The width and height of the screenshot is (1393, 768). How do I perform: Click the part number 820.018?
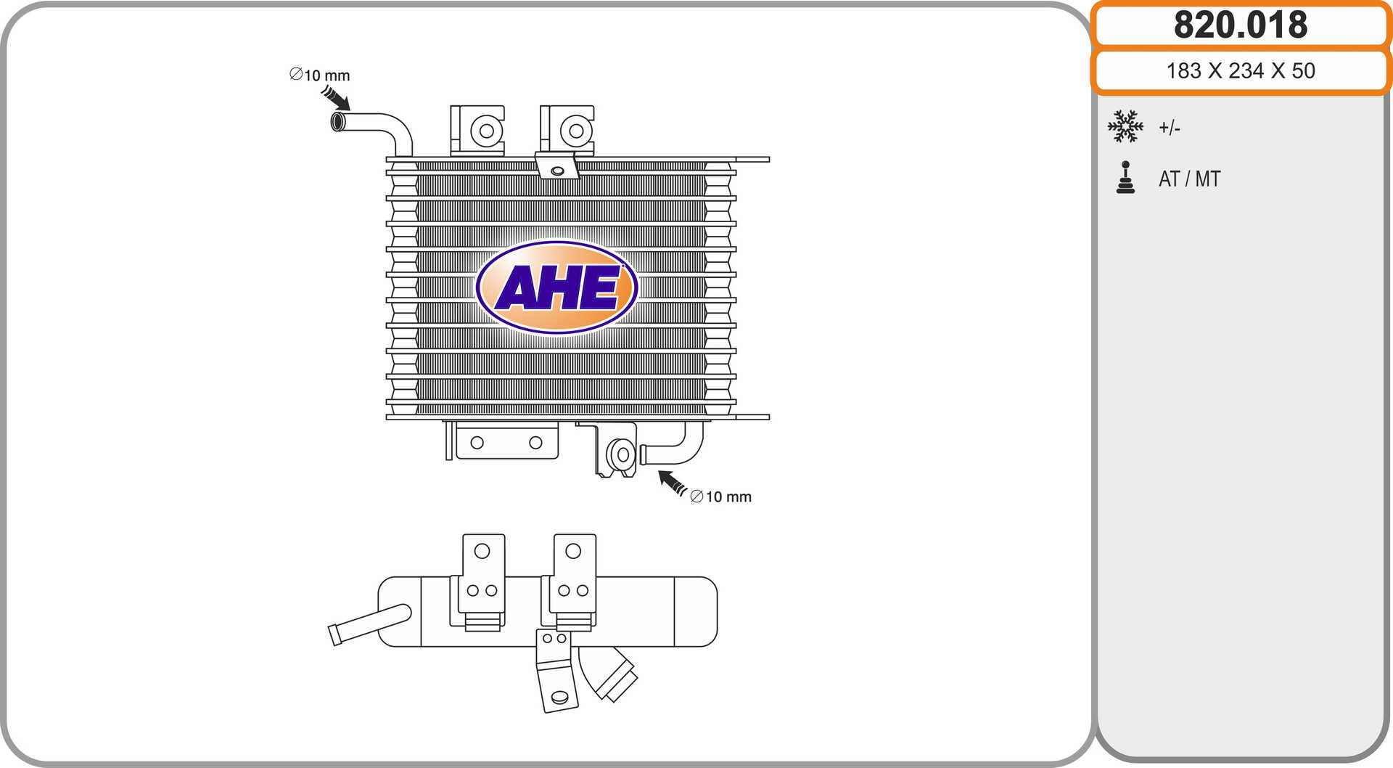click(1241, 25)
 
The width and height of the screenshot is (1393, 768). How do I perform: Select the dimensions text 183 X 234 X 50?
click(1241, 70)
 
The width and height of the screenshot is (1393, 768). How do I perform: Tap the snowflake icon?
click(1125, 126)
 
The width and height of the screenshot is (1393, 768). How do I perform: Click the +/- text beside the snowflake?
click(1170, 128)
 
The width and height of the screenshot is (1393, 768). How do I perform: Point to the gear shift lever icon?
click(1125, 178)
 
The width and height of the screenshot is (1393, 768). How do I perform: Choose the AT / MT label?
click(1190, 179)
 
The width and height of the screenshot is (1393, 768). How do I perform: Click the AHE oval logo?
click(556, 287)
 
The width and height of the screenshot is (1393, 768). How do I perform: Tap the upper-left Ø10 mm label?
click(319, 75)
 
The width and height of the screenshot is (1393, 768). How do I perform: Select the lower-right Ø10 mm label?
click(720, 497)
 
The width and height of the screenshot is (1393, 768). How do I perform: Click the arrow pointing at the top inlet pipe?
click(335, 98)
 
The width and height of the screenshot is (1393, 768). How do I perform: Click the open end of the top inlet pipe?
click(338, 121)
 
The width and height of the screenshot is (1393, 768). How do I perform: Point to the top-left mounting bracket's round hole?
click(487, 131)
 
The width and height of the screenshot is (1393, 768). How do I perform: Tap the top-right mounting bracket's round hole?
click(576, 131)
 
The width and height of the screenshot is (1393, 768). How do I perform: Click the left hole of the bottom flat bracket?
click(477, 443)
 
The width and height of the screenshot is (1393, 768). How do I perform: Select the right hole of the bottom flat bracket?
click(535, 443)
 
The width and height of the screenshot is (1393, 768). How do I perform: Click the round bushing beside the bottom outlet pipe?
click(622, 454)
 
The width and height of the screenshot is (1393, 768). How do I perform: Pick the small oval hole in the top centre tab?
click(557, 171)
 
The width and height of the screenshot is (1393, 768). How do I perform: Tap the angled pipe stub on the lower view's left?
click(370, 624)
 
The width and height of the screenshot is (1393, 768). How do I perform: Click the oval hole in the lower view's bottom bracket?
click(559, 698)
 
